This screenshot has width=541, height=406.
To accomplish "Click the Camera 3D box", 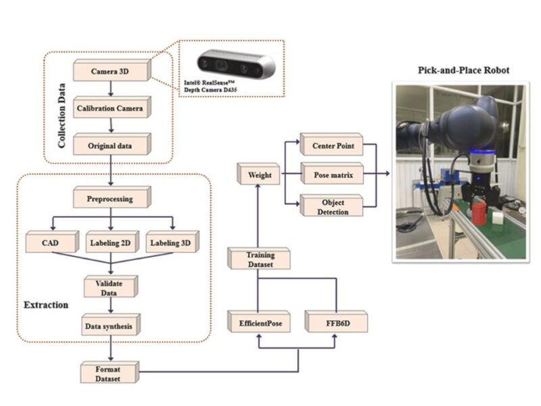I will [x=111, y=70].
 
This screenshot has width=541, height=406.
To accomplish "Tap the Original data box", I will [x=111, y=145].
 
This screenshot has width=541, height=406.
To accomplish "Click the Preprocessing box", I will [x=111, y=200].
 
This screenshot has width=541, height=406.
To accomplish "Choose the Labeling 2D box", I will [x=110, y=242].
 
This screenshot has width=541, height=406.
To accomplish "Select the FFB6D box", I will [x=336, y=323].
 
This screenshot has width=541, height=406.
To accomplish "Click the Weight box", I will [x=258, y=175].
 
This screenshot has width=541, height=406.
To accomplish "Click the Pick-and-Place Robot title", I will [x=463, y=71].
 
